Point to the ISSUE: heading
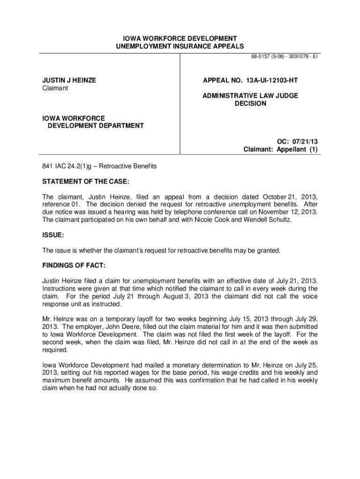[53, 235]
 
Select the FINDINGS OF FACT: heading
[74, 265]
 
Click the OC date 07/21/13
[305, 141]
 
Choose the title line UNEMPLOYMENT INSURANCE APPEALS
[180, 46]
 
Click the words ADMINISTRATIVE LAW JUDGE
[250, 95]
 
